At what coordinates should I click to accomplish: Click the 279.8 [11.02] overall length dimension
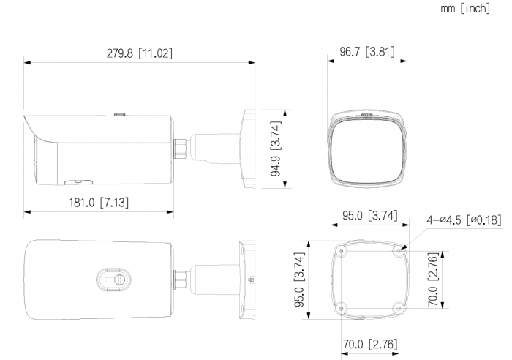[140, 53]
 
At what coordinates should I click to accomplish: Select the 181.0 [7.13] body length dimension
[99, 203]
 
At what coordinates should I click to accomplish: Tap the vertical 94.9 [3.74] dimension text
[276, 149]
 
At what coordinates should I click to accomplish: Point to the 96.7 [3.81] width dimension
[367, 52]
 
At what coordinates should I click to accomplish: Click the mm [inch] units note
[465, 8]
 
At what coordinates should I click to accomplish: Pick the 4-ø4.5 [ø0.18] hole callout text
[464, 220]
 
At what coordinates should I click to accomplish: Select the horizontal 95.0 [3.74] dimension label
[370, 216]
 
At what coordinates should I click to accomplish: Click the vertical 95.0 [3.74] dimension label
[299, 280]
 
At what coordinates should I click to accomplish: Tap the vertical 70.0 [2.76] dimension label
[433, 280]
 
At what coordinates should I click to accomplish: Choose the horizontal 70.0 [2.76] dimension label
[370, 344]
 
